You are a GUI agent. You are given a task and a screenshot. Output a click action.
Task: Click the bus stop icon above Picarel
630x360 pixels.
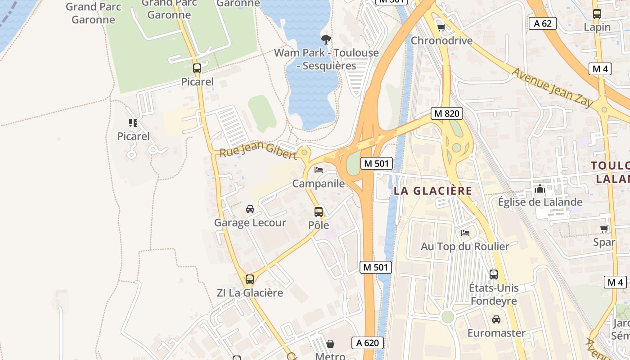(197, 68)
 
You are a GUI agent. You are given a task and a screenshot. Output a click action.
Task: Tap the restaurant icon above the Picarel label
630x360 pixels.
(133, 122)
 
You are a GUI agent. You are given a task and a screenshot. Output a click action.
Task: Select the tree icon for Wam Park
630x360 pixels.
(326, 39)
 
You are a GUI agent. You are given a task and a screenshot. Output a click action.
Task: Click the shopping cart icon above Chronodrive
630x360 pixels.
(441, 27)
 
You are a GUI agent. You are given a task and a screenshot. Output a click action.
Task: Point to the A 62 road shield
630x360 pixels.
(542, 23)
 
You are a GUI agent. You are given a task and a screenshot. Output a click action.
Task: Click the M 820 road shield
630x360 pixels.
(446, 113)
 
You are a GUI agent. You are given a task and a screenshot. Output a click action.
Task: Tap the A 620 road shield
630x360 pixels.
(367, 343)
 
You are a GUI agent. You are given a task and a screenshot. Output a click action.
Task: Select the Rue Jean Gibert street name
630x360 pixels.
(258, 150)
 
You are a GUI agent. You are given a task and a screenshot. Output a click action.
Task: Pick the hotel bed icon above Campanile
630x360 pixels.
(319, 170)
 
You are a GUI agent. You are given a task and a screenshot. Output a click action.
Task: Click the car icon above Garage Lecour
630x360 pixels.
(250, 209)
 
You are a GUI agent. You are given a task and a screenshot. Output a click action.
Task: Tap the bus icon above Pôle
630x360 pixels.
(319, 211)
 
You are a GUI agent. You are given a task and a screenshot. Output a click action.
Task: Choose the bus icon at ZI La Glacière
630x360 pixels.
(250, 279)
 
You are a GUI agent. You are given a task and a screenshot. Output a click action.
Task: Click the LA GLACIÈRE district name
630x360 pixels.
(433, 191)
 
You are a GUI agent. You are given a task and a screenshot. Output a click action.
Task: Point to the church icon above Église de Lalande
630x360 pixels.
(540, 189)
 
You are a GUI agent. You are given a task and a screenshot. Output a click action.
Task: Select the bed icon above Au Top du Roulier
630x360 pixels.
(465, 233)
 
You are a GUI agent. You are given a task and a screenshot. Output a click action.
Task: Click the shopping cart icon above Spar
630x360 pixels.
(604, 229)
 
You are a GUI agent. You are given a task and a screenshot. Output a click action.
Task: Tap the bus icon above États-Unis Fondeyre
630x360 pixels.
(494, 274)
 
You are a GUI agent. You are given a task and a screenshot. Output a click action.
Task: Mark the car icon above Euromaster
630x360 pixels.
(496, 319)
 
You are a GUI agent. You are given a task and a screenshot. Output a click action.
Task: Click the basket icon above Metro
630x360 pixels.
(330, 344)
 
